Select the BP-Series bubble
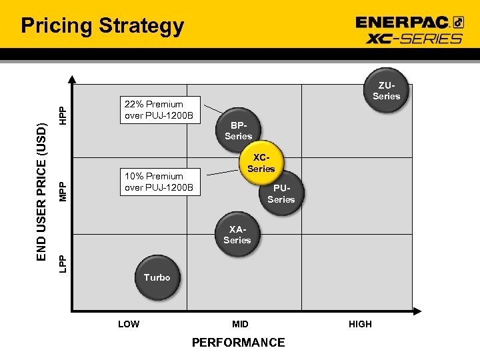click(x=238, y=131)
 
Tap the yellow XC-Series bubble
click(x=261, y=163)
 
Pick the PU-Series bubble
click(x=281, y=194)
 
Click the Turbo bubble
click(x=157, y=277)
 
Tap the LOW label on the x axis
click(x=129, y=324)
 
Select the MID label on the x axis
click(x=240, y=324)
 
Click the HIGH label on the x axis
click(x=360, y=324)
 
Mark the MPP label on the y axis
click(x=62, y=191)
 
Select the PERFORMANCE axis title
click(x=238, y=343)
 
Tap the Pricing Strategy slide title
click(x=102, y=26)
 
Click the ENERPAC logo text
click(x=403, y=22)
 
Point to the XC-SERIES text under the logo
click(x=414, y=38)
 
